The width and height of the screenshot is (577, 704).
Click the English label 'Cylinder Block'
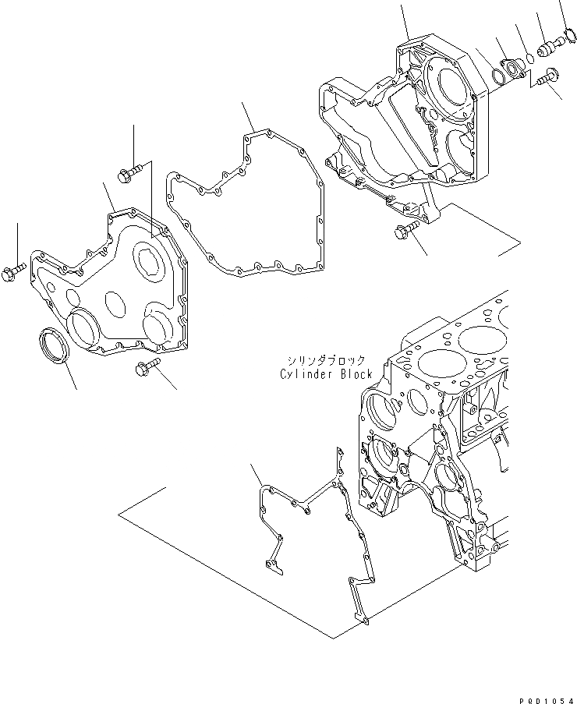click(x=326, y=374)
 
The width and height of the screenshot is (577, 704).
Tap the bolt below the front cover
click(x=144, y=367)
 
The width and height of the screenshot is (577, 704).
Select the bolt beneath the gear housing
click(x=405, y=230)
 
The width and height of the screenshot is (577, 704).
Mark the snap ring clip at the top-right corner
click(x=568, y=34)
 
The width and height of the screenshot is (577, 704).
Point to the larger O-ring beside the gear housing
click(x=497, y=76)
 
